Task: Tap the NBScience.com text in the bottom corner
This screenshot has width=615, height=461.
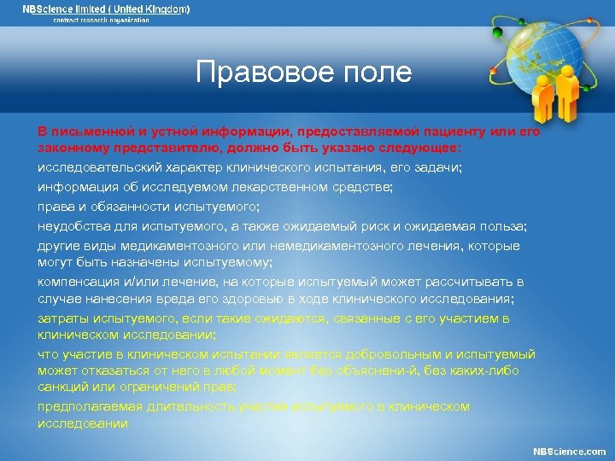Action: coord(569,451)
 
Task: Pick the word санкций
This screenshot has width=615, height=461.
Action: coord(61,387)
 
